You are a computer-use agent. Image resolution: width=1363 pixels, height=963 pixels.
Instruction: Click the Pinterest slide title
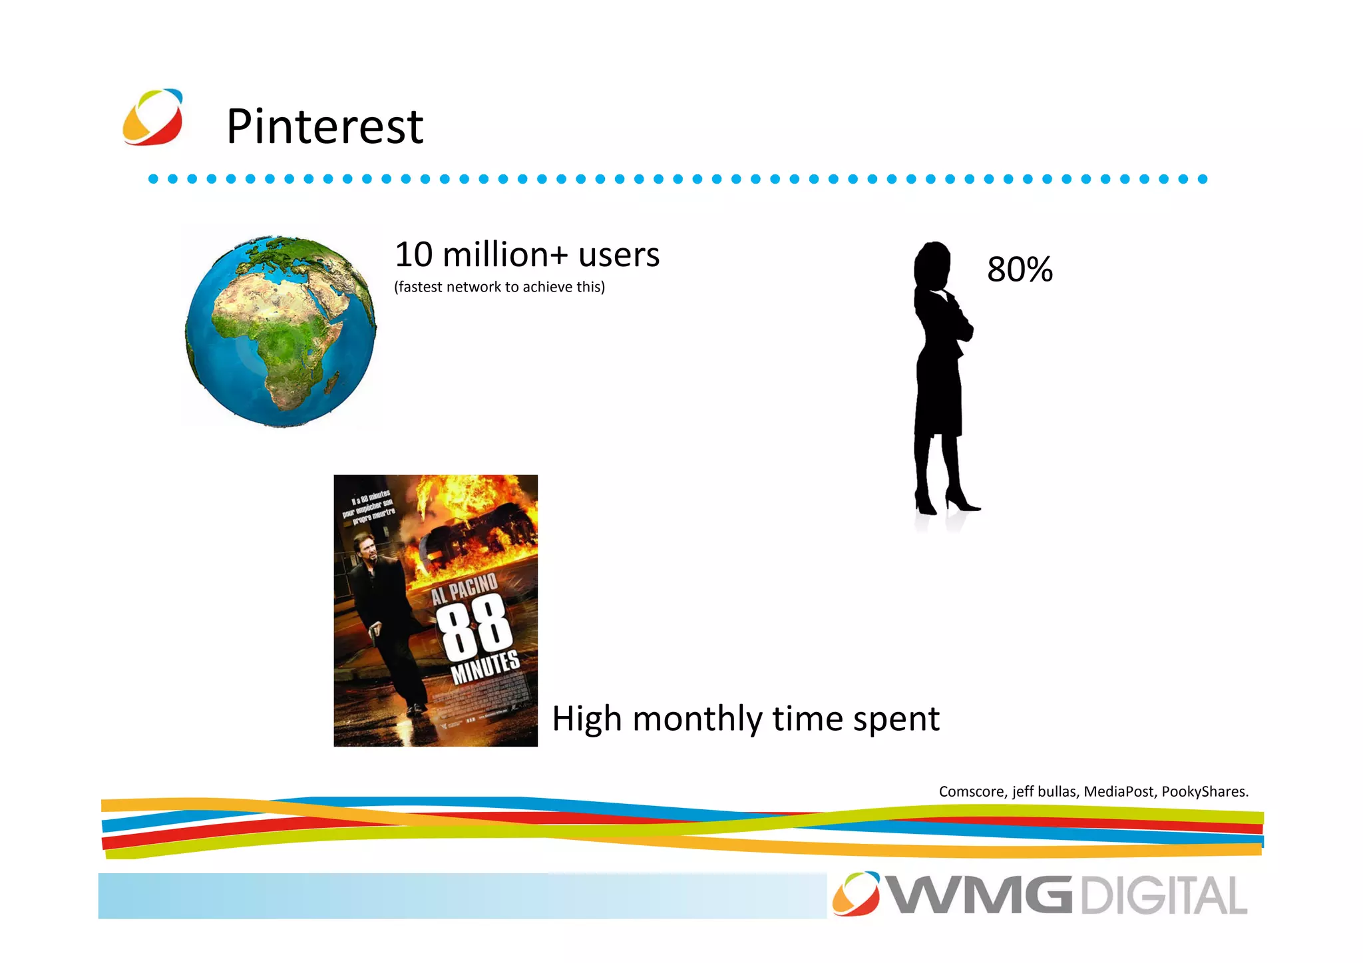point(325,126)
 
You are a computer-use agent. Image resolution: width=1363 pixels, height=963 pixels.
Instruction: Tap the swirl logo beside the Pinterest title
point(153,117)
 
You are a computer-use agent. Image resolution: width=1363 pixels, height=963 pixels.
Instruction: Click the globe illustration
point(280,331)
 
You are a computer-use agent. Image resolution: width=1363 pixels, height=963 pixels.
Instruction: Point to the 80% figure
point(1020,270)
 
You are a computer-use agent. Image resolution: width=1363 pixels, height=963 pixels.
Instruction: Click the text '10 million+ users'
point(527,255)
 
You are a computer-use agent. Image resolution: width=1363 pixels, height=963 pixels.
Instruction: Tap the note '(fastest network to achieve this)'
point(499,287)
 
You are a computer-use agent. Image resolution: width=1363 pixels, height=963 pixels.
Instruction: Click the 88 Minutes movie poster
point(435,610)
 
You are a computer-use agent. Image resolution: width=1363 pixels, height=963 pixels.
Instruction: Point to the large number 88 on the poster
point(474,627)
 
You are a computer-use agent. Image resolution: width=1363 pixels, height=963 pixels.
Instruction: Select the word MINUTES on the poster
point(485,668)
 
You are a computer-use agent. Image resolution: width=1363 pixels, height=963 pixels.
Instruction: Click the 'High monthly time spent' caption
point(745,719)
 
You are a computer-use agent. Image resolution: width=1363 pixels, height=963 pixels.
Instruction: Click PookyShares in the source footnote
point(1205,792)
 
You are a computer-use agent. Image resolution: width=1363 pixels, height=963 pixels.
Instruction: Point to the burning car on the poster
point(479,532)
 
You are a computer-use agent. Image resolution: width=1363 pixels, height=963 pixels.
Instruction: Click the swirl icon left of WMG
point(856,893)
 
